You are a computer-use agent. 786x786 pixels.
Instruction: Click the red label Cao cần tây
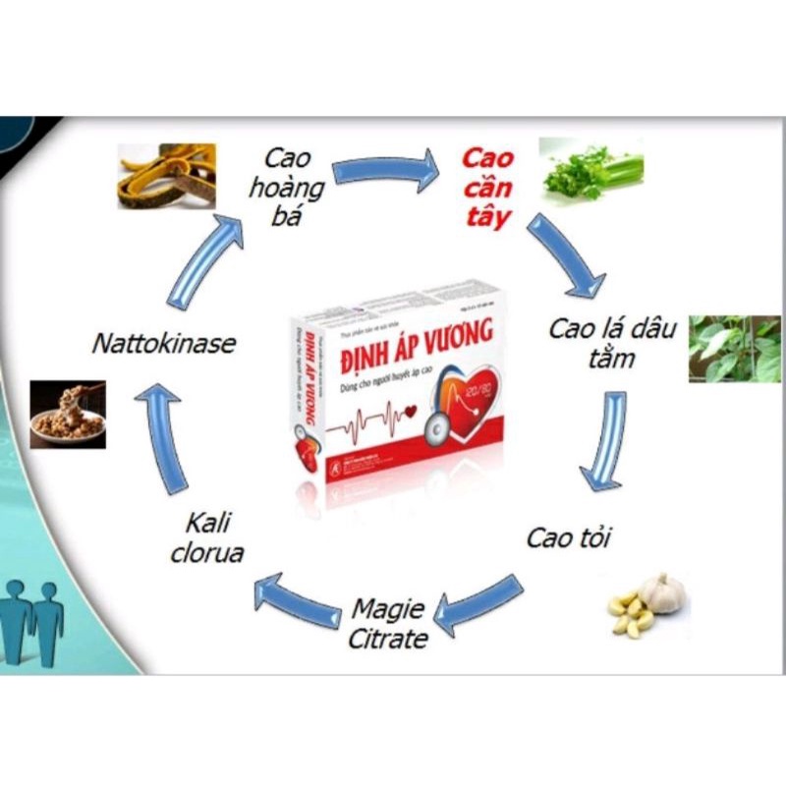coord(487,188)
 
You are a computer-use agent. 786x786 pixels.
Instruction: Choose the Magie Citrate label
coord(388,624)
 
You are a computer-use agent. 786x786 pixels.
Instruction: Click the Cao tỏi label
coord(564,537)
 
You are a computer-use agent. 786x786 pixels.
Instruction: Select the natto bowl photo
coord(68,413)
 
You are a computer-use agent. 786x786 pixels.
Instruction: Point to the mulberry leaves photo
coord(733,349)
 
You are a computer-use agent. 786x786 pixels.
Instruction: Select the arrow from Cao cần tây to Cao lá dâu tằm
coord(564,255)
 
